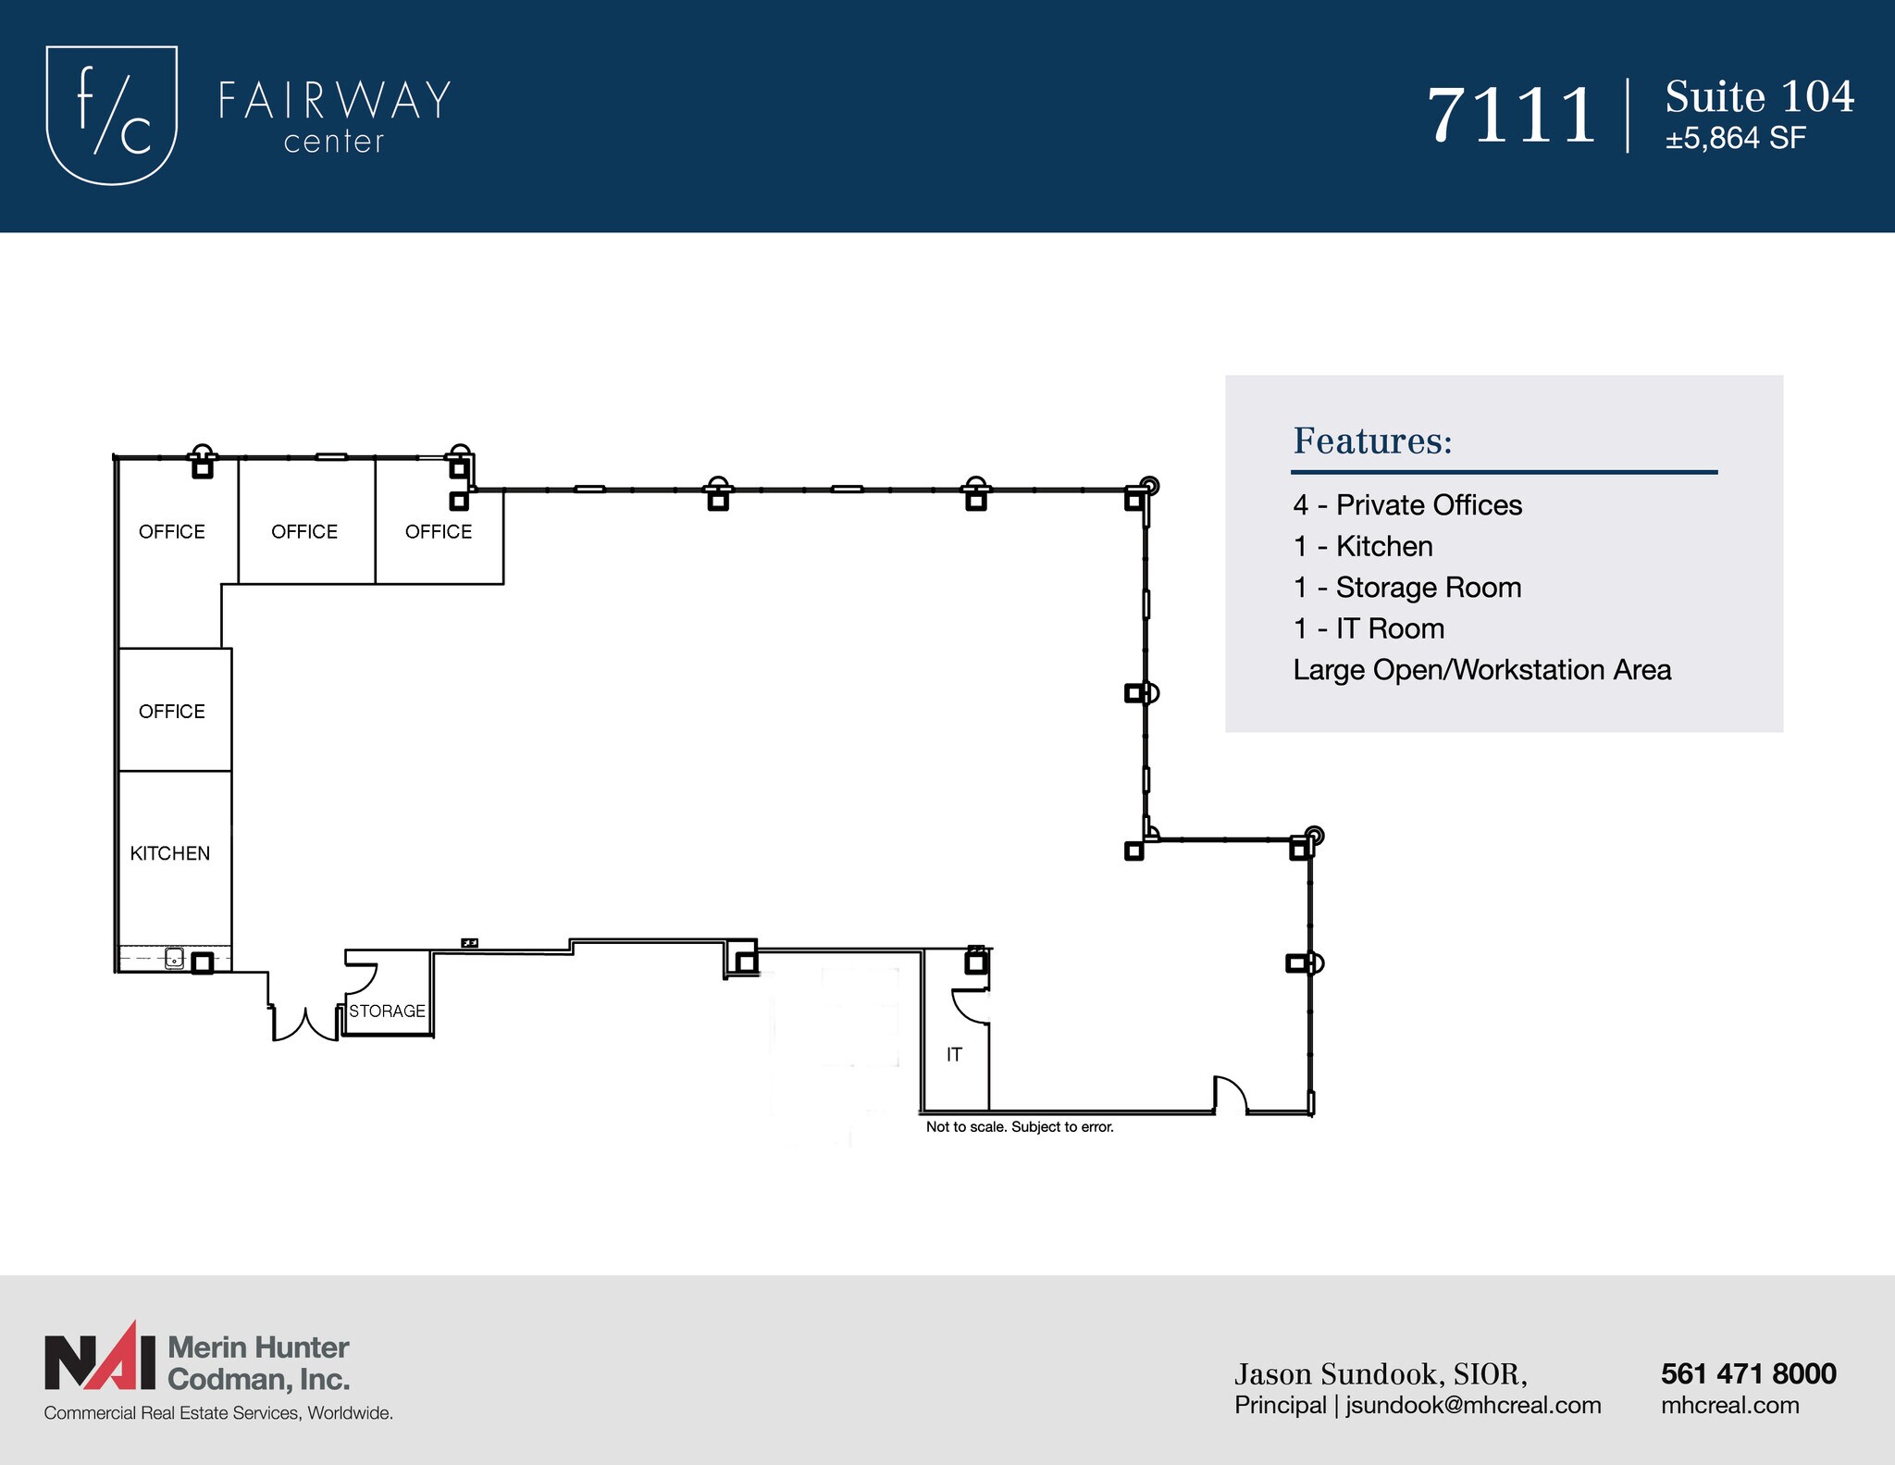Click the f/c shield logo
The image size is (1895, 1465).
pos(111,115)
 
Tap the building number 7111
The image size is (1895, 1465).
pos(1511,117)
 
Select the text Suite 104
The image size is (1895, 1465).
pos(1759,97)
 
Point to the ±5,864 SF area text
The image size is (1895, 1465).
pos(1735,139)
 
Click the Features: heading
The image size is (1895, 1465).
pos(1372,441)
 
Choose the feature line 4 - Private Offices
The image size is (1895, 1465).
pos(1406,505)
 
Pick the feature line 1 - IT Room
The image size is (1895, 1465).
pos(1369,629)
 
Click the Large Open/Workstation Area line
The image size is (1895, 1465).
pos(1481,670)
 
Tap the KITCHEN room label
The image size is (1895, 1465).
pos(170,853)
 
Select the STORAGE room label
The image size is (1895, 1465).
pos(387,1012)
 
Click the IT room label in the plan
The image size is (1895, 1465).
pos(954,1055)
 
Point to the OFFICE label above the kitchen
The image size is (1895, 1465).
pos(172,712)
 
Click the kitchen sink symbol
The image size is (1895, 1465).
pos(174,959)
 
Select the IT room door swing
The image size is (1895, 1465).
pos(969,1006)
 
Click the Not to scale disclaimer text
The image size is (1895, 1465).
pos(1020,1127)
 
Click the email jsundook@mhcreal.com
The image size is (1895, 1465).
pos(1473,1406)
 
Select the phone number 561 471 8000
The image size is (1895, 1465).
pos(1748,1374)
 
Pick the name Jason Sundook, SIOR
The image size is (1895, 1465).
pos(1381,1375)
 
